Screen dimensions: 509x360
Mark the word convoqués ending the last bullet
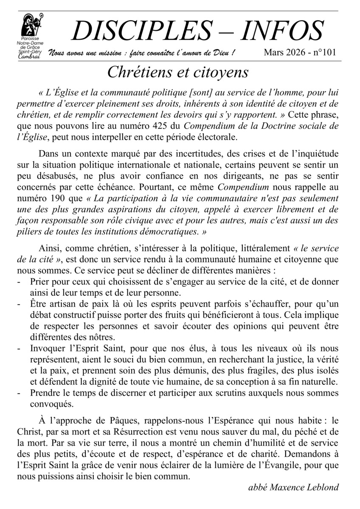coord(50,403)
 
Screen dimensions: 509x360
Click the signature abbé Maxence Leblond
coord(293,488)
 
